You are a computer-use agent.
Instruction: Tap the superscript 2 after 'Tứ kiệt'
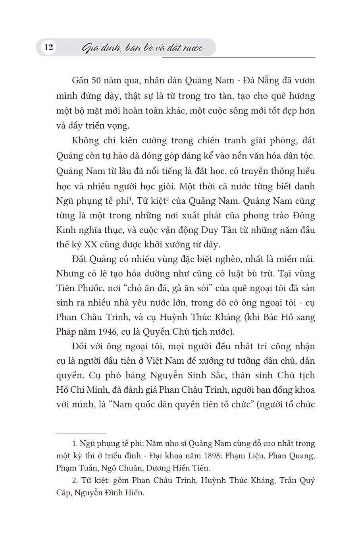pos(168,198)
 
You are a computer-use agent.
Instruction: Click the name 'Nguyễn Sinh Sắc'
pos(181,375)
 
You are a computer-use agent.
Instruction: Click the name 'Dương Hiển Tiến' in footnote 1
pos(182,467)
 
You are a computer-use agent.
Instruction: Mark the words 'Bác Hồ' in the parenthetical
pos(279,317)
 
